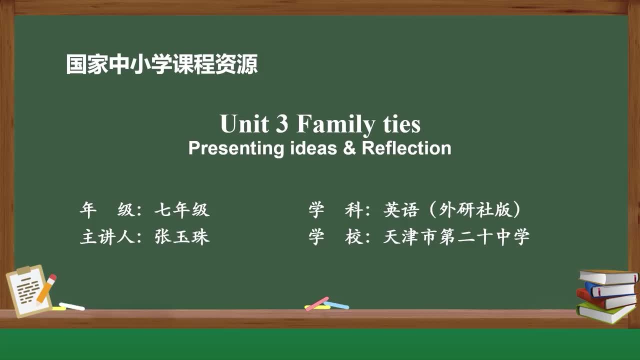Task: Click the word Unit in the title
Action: point(244,124)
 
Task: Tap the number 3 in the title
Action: point(282,124)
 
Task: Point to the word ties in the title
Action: point(402,124)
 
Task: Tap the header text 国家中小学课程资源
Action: point(162,64)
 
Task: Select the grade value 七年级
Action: point(181,210)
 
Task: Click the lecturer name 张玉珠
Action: point(182,236)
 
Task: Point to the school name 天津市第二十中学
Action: point(456,236)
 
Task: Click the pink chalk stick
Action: point(317,303)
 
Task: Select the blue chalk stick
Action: point(336,304)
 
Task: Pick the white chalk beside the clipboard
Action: point(71,306)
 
